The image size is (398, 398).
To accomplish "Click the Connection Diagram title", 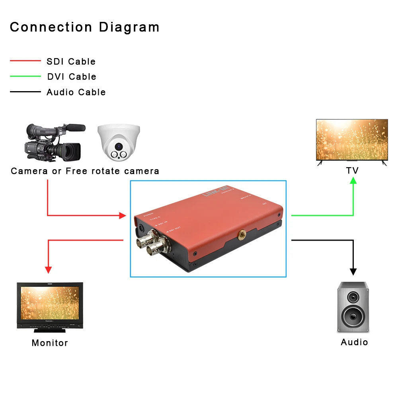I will point(84,27).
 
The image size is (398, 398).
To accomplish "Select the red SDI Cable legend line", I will point(25,61).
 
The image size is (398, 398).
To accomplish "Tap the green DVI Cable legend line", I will point(25,76).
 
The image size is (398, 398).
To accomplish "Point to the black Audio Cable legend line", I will point(25,92).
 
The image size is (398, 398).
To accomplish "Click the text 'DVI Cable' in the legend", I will point(72,76).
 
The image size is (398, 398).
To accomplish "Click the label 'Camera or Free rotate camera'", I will point(85,171).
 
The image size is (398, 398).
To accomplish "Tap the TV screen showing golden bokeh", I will point(352,140).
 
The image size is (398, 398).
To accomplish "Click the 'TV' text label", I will point(352,171).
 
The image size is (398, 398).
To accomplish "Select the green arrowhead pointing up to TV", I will point(353,180).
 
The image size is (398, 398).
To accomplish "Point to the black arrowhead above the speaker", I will point(353,271).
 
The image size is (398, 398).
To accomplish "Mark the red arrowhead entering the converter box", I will point(122,215).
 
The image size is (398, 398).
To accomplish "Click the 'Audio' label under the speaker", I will point(354,342).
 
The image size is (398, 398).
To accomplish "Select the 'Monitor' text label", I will point(50,343).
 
